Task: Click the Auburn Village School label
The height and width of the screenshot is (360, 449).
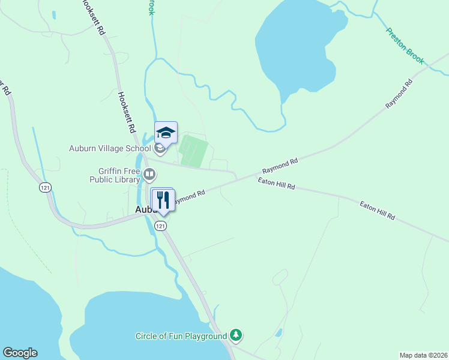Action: click(110, 148)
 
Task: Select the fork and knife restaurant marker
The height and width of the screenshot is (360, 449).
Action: click(163, 199)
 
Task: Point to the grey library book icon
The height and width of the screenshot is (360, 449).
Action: click(149, 175)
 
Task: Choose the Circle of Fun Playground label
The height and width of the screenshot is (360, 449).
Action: click(181, 336)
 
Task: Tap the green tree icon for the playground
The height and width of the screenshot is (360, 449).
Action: click(237, 335)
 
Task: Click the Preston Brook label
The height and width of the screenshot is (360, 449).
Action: click(405, 46)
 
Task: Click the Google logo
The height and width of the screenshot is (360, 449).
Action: click(20, 353)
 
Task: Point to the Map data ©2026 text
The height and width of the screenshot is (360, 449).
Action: click(423, 355)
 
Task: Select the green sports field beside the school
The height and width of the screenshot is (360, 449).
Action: click(194, 151)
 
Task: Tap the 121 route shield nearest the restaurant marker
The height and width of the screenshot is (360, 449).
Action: click(160, 226)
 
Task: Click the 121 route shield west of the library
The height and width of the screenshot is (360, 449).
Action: click(45, 188)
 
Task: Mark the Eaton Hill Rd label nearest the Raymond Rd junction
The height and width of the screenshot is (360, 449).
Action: click(277, 184)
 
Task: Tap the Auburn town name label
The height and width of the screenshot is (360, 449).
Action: click(144, 209)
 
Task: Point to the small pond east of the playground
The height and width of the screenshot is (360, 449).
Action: click(278, 332)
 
